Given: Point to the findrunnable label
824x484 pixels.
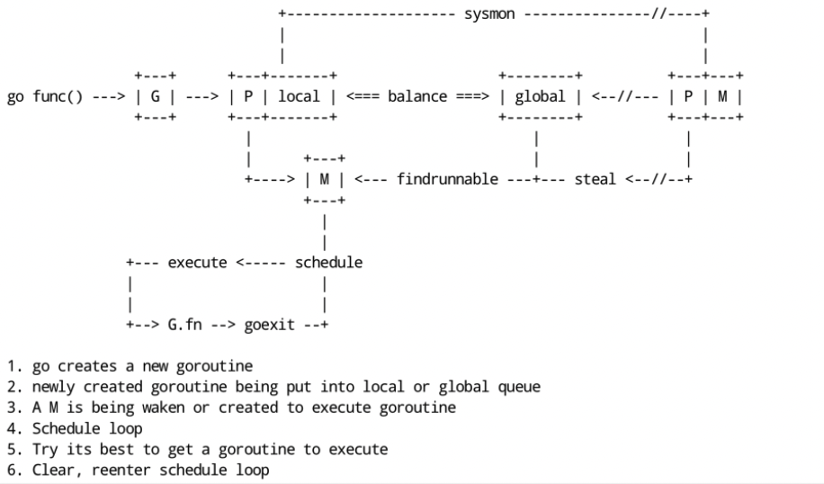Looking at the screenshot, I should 447,179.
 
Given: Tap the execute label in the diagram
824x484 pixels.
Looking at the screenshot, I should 199,262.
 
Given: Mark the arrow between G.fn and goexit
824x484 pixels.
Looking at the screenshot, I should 224,325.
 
